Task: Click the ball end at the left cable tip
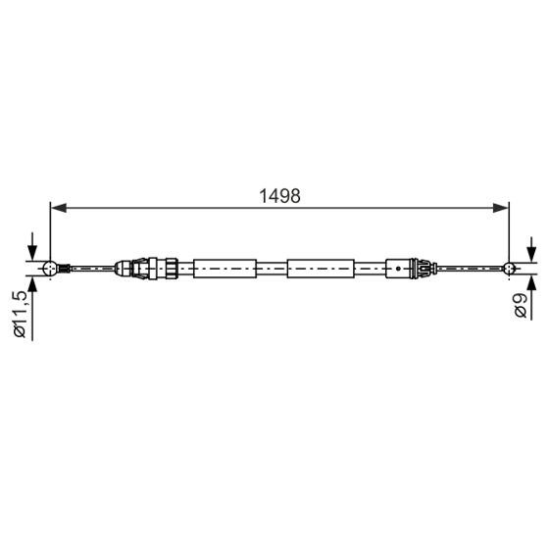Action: (51, 267)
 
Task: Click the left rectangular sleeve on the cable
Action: (225, 267)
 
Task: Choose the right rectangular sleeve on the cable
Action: (320, 267)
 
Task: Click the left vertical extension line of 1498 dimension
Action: (50, 230)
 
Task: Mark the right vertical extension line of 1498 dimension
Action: (508, 230)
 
